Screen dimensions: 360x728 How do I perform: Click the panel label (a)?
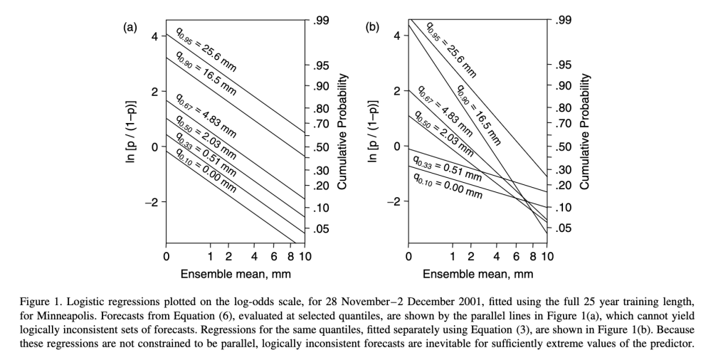click(x=130, y=28)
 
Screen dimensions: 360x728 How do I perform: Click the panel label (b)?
click(x=372, y=28)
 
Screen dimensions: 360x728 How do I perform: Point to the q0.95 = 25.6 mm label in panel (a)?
click(x=206, y=49)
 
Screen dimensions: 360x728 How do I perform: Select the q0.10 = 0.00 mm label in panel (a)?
click(x=206, y=171)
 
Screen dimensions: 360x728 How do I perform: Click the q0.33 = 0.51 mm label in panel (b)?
click(x=448, y=169)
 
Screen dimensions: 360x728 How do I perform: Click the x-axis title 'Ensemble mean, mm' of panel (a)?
click(x=236, y=273)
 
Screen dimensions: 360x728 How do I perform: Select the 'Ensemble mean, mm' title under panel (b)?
click(x=478, y=273)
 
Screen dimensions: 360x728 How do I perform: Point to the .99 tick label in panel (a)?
click(x=320, y=22)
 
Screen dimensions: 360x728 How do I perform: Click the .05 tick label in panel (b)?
click(x=562, y=228)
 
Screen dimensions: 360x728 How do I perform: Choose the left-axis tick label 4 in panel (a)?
click(x=154, y=36)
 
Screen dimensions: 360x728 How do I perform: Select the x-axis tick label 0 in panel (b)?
click(x=408, y=256)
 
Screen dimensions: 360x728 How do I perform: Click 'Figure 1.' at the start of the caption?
click(x=43, y=302)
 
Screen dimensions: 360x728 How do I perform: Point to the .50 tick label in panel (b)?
click(x=562, y=148)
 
